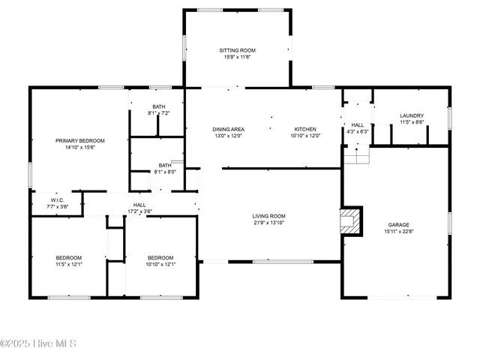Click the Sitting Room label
pos(237,50)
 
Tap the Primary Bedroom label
pos(79,140)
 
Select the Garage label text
pos(398,224)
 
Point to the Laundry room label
pos(412,115)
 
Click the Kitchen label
pos(305,129)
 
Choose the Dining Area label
pos(229,129)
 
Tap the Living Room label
pos(268,216)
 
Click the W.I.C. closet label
pos(57,199)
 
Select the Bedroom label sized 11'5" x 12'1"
pos(68,257)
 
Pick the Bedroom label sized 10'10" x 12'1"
pos(160,257)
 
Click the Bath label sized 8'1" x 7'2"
pos(158,106)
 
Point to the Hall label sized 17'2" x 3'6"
pos(139,205)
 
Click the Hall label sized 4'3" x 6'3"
pos(358,125)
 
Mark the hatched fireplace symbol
pos(349,221)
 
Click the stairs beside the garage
pos(357,155)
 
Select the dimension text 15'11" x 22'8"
pos(398,231)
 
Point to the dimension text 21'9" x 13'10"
pos(268,223)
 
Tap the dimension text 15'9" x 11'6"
pos(237,57)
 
